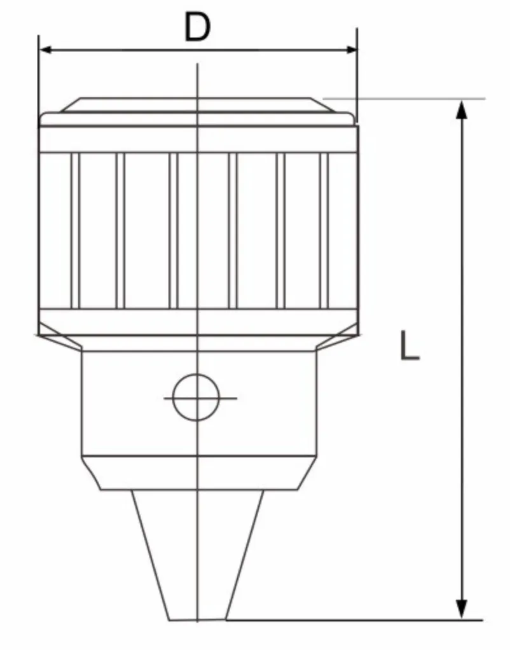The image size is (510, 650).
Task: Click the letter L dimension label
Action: coord(410,346)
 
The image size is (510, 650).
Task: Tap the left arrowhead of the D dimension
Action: coord(46,50)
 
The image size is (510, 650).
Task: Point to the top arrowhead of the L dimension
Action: coord(462,109)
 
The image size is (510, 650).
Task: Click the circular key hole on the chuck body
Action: coord(196,398)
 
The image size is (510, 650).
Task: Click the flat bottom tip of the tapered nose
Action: coord(198,619)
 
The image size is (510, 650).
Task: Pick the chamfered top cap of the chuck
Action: coord(198,105)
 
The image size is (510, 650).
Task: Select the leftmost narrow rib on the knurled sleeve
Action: coord(75,230)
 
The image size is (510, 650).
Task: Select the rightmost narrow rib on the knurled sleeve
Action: coord(324,230)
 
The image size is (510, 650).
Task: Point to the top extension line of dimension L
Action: coord(407,99)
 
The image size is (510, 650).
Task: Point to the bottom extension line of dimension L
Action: coord(356,619)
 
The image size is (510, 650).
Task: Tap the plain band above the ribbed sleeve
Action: coord(198,139)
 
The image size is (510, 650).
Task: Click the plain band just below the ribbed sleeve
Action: coord(198,321)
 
